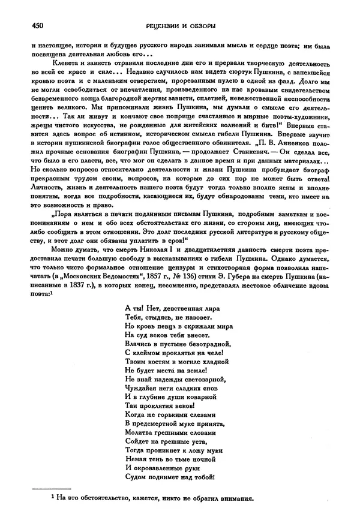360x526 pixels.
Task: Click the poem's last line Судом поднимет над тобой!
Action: [170, 477]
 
